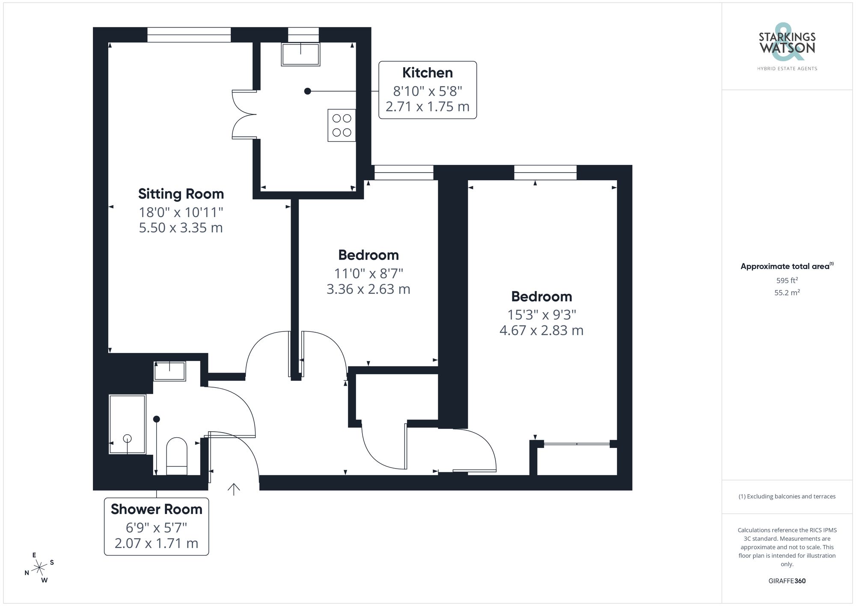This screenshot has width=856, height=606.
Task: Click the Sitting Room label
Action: coord(181,194)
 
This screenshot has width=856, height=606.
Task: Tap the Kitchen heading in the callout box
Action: coord(427,73)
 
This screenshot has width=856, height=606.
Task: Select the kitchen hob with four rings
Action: coord(342,125)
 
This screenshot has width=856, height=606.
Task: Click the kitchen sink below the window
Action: coord(300,54)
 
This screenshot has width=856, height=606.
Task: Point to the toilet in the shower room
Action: coord(176,456)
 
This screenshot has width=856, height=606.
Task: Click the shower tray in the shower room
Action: coord(128,424)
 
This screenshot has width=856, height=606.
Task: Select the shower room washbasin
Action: coord(169,371)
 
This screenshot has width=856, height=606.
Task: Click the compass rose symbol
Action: coord(39,568)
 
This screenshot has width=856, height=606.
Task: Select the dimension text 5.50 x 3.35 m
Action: coord(181,228)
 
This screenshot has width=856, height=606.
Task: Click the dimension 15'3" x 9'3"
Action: coord(541,315)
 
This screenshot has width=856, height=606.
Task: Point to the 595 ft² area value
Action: coord(787,281)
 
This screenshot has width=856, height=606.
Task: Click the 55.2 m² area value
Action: coord(787,293)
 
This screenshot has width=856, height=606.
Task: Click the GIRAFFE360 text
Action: coord(787,581)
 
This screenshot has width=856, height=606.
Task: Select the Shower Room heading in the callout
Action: coord(156,509)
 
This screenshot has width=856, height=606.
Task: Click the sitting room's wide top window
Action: coord(189,35)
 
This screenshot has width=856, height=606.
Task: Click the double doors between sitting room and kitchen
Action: coord(244,114)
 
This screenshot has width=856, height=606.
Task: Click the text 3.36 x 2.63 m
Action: coord(368,289)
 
